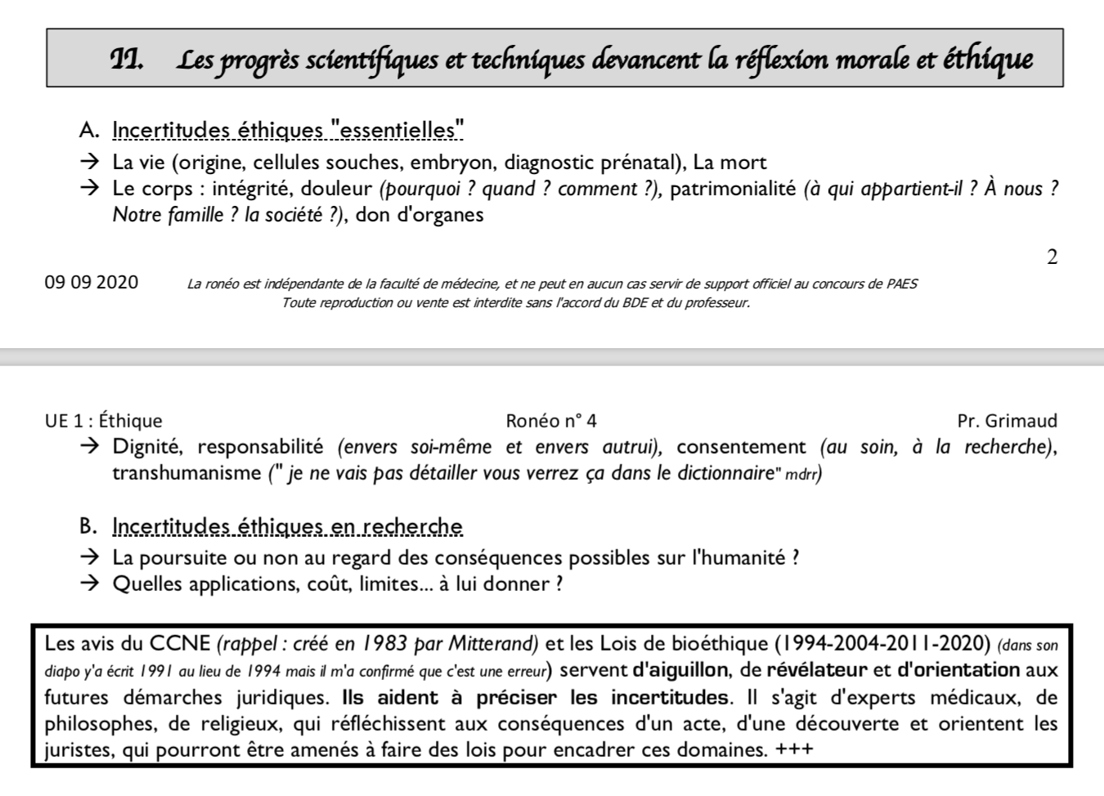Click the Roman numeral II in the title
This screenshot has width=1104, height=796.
click(127, 59)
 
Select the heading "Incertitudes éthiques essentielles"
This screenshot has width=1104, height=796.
click(288, 130)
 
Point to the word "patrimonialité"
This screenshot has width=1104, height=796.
click(733, 189)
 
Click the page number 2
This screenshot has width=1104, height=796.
click(1052, 257)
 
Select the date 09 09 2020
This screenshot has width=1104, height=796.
click(92, 283)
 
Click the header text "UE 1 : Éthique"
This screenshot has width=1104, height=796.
click(104, 421)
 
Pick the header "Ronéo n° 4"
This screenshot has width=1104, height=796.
click(551, 421)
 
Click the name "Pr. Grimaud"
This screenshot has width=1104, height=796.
click(1007, 421)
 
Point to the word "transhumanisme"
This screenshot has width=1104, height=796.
click(187, 473)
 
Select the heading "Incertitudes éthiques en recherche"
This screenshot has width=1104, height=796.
click(287, 526)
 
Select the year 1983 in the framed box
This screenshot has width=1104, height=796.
click(385, 643)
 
